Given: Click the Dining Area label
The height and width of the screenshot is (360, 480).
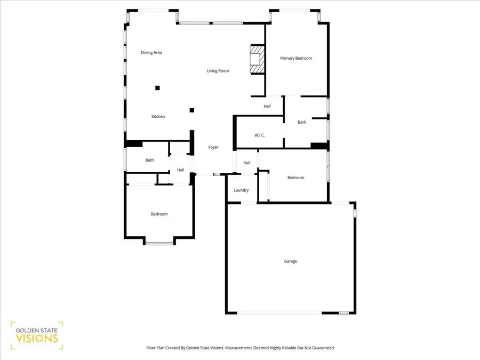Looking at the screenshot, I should coord(151,52).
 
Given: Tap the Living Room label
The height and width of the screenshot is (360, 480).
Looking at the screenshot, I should coord(218,71).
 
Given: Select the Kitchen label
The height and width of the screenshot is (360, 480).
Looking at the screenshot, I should coord(158,117).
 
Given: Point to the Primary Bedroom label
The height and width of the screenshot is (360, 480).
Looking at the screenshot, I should coord(296,58).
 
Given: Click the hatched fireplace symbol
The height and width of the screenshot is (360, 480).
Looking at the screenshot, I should coord(257,60).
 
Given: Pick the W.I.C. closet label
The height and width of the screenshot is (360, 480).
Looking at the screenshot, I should coord(259,135).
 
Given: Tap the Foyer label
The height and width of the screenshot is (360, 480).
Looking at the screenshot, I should coord(213,147).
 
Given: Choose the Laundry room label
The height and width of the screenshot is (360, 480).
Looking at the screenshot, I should coord(241,190).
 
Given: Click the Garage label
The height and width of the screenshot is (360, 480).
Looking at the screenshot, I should coord(290,261).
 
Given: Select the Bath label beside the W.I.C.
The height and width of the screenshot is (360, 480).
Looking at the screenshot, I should coord(302,122).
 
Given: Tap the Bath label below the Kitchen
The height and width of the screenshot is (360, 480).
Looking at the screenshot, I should coord(150,160).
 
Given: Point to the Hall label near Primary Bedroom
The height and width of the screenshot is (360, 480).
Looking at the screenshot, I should coord(267,106).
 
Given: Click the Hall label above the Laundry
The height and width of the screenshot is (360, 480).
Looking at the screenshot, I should coord(247,163).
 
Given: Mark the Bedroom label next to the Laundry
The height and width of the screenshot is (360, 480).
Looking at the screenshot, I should coord(295,178).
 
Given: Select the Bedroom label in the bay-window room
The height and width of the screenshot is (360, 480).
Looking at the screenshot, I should coord(159,214).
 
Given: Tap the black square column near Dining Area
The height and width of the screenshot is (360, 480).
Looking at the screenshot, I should coord(157,88).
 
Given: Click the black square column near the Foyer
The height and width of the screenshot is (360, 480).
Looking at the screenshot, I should coord(191,110).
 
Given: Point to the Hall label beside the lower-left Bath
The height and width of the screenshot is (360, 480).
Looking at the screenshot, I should coord(181,170).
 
